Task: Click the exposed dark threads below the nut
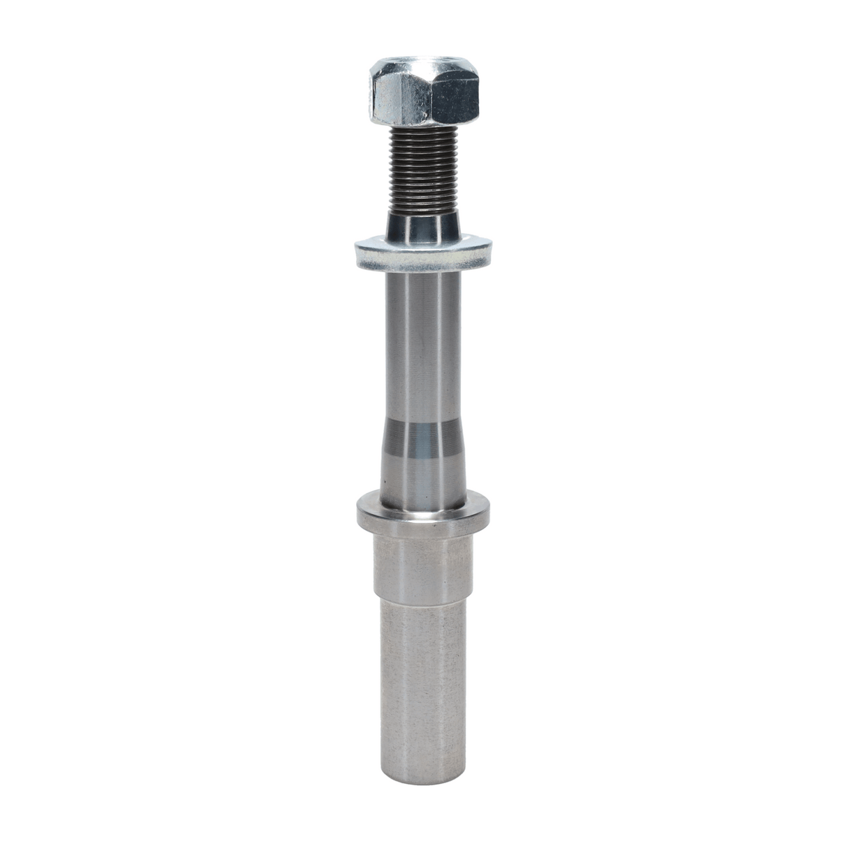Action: [419, 171]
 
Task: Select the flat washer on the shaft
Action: [423, 255]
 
